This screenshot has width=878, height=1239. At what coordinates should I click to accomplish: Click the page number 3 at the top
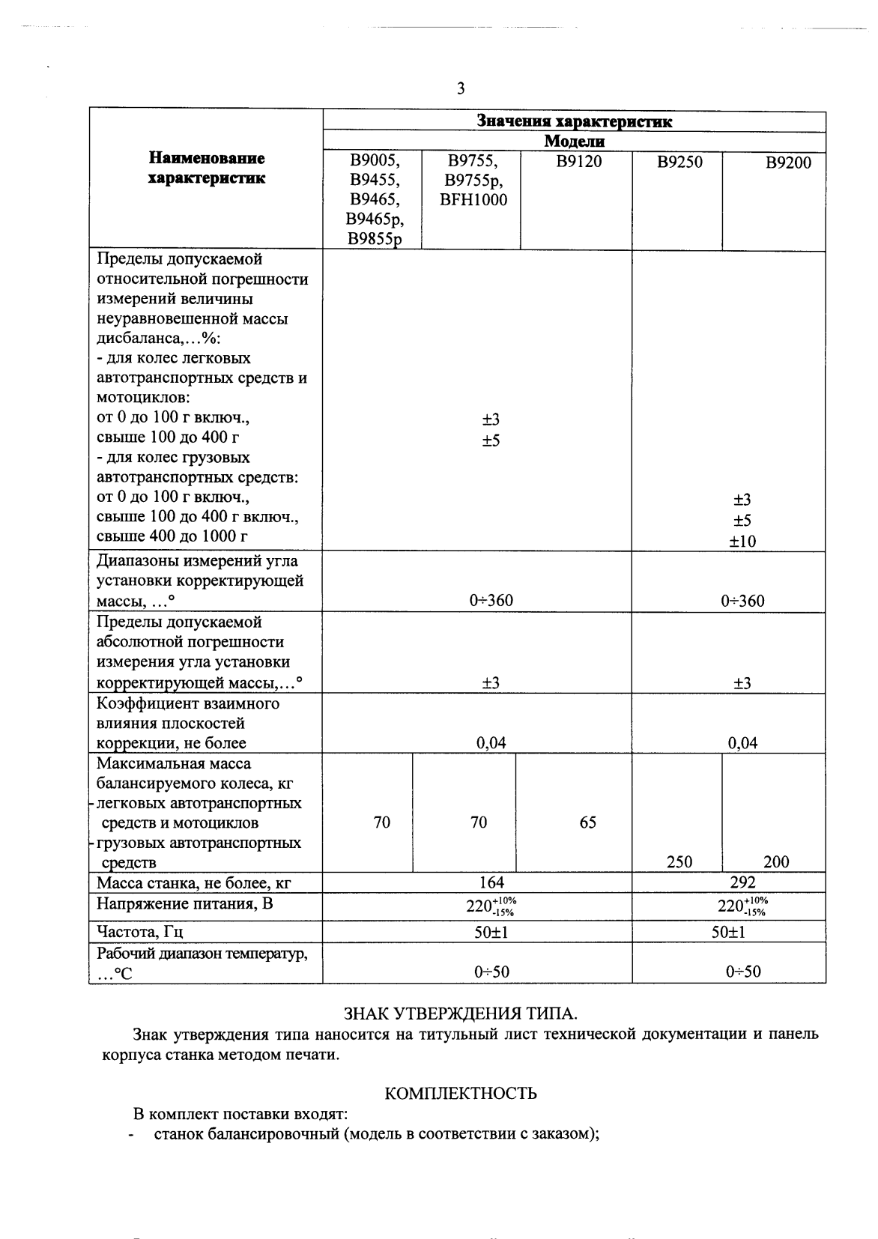click(461, 89)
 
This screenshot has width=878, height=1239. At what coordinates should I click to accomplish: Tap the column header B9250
click(679, 162)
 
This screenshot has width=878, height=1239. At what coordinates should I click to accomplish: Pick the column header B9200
click(787, 163)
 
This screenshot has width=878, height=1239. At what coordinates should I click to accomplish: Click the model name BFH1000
click(473, 200)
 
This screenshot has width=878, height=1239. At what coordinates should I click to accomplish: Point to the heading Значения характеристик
click(574, 121)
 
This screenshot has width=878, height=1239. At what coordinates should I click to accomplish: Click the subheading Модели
click(574, 142)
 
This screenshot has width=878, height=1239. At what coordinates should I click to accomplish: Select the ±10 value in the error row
click(742, 541)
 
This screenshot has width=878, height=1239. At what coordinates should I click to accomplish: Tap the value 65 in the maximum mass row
click(588, 823)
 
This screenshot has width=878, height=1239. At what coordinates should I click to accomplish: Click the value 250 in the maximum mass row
click(679, 861)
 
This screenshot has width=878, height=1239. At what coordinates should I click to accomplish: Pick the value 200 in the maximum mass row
click(776, 861)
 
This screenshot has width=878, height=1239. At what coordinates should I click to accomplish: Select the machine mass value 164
click(491, 882)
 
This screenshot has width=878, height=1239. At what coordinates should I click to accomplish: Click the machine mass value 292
click(742, 882)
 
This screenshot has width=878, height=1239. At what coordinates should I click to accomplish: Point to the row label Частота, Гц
click(140, 932)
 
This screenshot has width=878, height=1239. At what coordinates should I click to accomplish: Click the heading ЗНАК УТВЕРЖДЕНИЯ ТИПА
click(460, 1014)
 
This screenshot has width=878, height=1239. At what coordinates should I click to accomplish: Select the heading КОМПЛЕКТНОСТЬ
click(460, 1094)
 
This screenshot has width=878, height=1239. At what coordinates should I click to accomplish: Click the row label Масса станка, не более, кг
click(194, 883)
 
